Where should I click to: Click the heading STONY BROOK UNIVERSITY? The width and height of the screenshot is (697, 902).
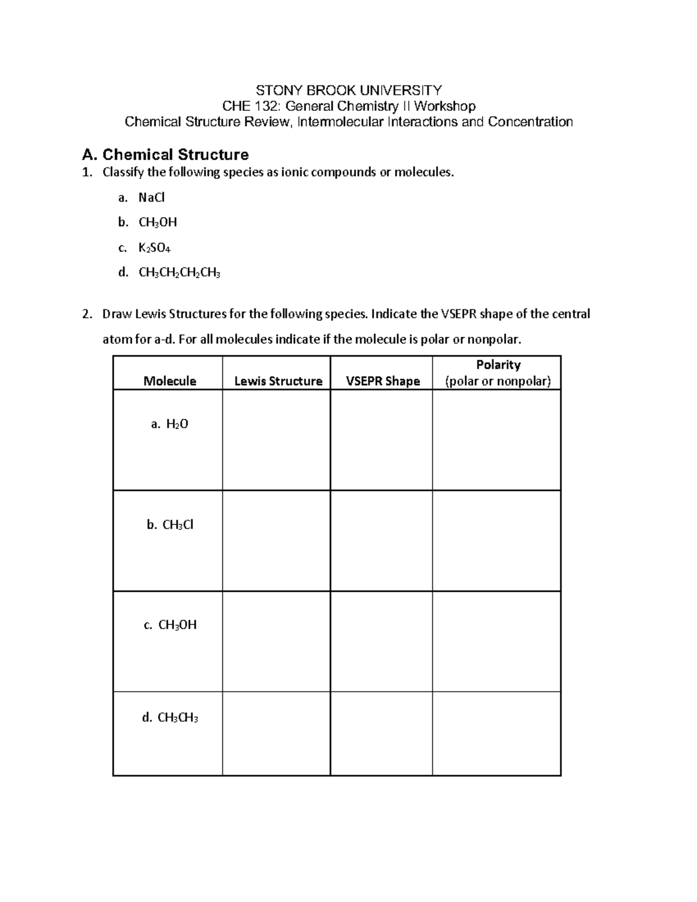[x=348, y=90]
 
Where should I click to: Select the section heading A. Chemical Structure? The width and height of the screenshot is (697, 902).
[x=166, y=154]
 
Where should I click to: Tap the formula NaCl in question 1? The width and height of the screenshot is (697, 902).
[x=152, y=197]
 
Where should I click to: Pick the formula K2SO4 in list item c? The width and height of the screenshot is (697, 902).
[x=154, y=248]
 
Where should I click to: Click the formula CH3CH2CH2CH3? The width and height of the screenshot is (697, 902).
[x=179, y=272]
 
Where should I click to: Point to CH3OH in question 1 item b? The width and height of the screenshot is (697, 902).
[x=157, y=222]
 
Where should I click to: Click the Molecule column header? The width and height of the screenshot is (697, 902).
[x=170, y=381]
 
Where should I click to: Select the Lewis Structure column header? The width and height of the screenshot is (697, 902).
[x=278, y=381]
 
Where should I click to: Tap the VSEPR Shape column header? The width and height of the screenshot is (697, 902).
[x=383, y=381]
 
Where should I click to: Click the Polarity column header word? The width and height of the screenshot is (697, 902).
[x=498, y=365]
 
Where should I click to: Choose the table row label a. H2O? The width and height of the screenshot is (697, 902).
[x=169, y=424]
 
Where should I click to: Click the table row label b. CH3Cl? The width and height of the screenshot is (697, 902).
[x=170, y=525]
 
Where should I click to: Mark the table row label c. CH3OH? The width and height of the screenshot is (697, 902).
[x=170, y=625]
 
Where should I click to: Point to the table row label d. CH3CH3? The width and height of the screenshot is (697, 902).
[x=170, y=718]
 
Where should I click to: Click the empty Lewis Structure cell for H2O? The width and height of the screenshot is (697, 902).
[x=276, y=440]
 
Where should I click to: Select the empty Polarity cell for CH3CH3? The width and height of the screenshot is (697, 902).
[x=497, y=734]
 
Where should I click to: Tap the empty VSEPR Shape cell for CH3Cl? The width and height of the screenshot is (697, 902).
[x=382, y=541]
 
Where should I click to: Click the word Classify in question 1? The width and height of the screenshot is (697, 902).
[x=122, y=173]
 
